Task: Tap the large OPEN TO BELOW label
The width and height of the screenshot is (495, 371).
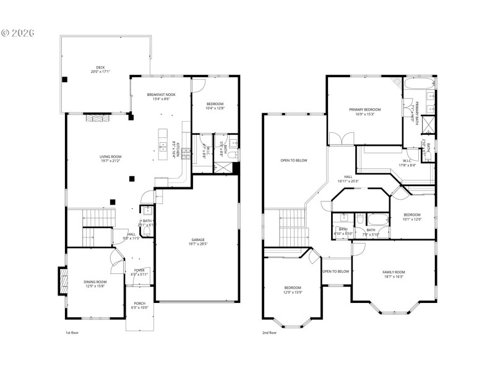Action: coord(293,160)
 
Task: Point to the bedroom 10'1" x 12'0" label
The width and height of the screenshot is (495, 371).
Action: coord(411,216)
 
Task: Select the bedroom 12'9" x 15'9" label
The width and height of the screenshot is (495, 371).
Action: coord(292,289)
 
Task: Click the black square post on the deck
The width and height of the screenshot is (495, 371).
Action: coord(64,79)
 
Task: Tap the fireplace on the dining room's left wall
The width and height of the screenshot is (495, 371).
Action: coord(62,281)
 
